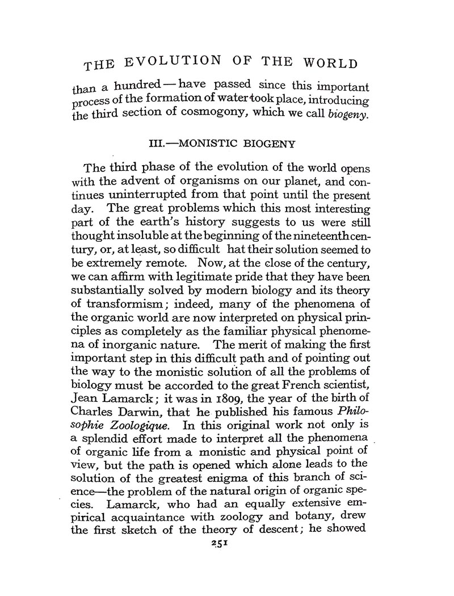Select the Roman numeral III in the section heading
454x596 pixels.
coord(157,145)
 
